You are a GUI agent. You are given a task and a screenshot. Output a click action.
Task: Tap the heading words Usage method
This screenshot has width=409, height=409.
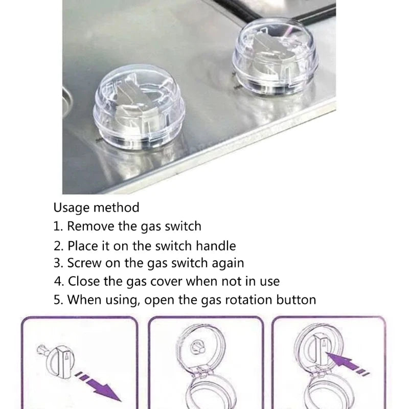click(x=96, y=208)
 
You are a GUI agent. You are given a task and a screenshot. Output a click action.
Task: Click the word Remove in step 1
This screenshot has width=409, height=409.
click(x=87, y=226)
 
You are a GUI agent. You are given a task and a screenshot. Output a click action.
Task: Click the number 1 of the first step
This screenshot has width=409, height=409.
click(x=56, y=226)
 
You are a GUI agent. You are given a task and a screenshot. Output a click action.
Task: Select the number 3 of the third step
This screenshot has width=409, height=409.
click(x=57, y=263)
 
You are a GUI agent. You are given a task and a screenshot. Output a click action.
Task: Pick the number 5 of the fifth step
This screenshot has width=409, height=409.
click(x=57, y=299)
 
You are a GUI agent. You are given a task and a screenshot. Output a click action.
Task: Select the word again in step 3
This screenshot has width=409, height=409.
click(x=229, y=263)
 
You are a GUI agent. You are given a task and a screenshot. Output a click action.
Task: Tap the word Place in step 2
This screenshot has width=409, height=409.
click(x=83, y=245)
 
